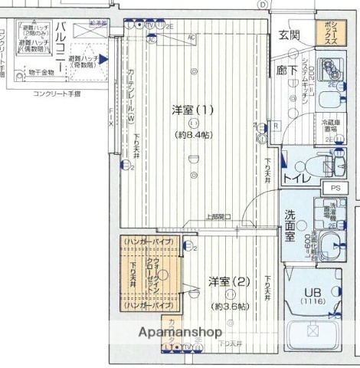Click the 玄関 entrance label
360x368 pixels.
coord(289,35)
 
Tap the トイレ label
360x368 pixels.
coord(296,178)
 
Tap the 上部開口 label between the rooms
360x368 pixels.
coord(219,217)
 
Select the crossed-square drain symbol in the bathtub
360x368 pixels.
coord(313,332)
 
